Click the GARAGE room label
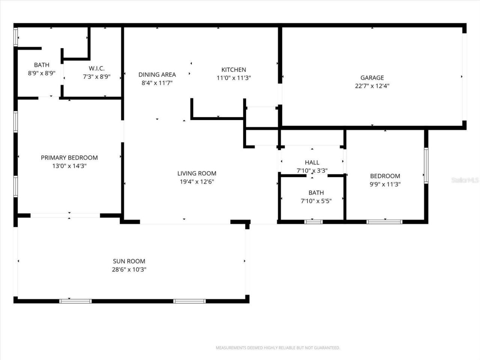372,78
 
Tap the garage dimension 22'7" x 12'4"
372,86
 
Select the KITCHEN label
234,70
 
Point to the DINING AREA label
157,75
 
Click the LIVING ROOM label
197,173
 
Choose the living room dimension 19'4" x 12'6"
197,182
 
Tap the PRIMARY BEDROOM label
69,158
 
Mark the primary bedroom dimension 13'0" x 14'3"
69,166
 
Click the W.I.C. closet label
97,68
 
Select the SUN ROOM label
129,261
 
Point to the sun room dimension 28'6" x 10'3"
129,270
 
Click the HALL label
312,162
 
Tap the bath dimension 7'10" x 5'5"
316,201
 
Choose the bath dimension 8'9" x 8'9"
42,73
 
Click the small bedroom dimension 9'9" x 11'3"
385,184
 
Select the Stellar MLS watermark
465,180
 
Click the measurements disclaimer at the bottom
278,348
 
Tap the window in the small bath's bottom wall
313,222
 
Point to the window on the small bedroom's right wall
426,166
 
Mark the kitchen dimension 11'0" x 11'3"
234,78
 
